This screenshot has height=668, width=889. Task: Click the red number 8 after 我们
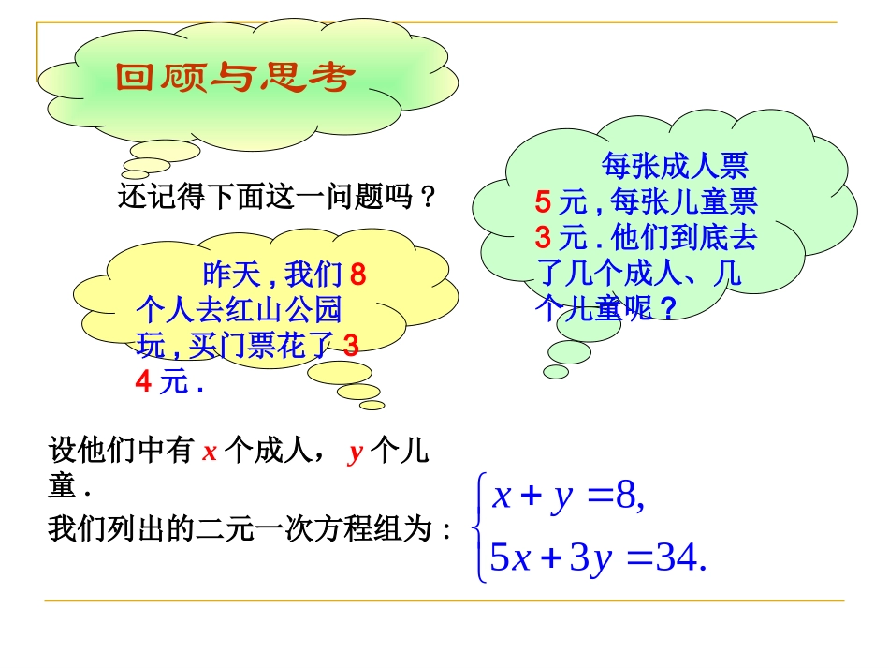click(357, 275)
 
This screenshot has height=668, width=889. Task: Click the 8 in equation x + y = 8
click(625, 497)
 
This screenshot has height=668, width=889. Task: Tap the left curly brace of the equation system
click(481, 528)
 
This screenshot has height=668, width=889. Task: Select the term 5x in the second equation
click(511, 559)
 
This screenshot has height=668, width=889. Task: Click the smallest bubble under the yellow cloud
click(372, 405)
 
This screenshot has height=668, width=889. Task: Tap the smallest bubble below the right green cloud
click(556, 372)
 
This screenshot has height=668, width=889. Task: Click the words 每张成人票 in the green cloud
click(674, 167)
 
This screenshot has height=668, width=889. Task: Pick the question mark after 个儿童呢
click(668, 308)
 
